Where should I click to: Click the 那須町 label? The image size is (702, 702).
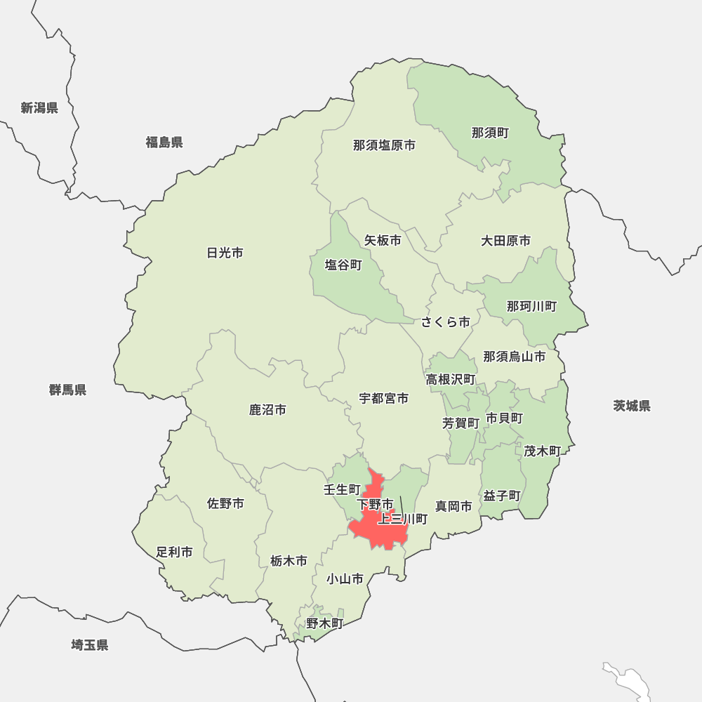(490, 133)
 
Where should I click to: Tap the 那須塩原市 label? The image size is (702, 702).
(384, 145)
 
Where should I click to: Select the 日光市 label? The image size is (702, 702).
(225, 253)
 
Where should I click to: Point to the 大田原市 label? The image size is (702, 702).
(505, 241)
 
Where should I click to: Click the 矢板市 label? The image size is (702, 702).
(383, 240)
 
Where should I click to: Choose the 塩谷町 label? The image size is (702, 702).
(343, 265)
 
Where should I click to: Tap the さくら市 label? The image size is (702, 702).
(446, 322)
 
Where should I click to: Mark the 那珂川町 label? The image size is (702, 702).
(531, 306)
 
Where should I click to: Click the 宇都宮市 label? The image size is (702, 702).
(383, 398)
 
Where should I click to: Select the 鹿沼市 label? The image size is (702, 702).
(267, 409)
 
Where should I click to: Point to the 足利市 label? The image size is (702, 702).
(174, 552)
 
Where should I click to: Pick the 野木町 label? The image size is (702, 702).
(324, 623)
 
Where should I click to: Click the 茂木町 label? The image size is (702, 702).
(542, 451)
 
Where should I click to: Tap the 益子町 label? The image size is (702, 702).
(501, 496)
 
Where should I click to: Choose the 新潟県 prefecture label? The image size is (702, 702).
(39, 107)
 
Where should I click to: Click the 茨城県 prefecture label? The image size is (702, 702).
(631, 406)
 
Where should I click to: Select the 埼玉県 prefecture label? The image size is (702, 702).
(90, 645)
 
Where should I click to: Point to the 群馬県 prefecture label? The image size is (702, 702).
(68, 390)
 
